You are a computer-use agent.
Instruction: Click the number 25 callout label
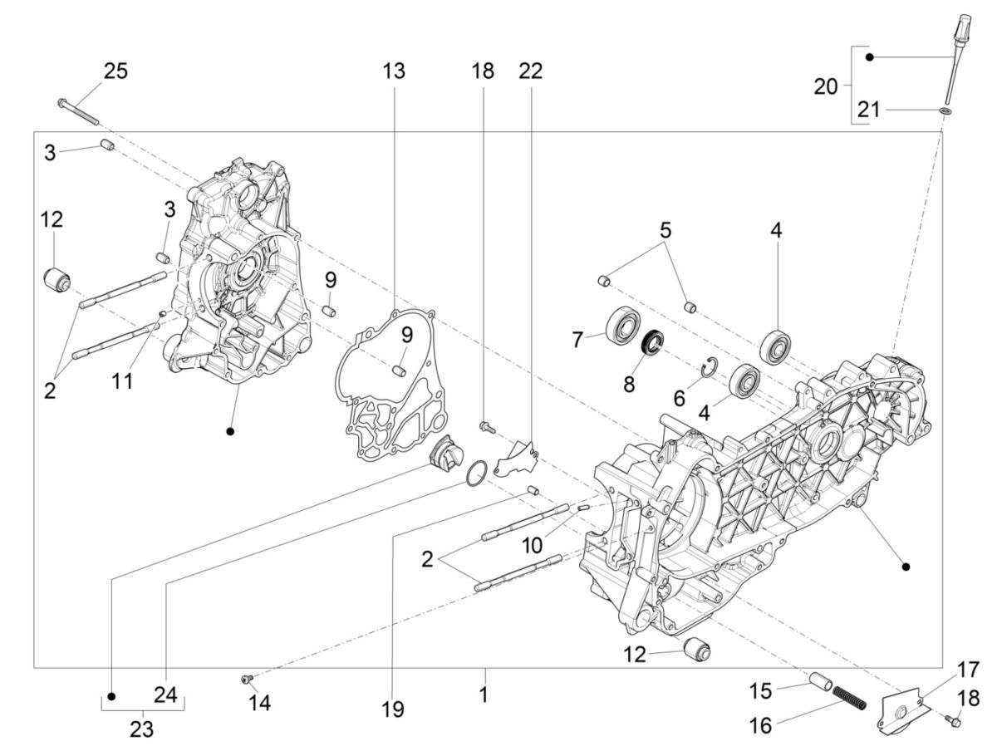click(x=115, y=71)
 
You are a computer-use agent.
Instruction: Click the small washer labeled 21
click(x=945, y=110)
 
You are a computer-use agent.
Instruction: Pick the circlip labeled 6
click(x=707, y=365)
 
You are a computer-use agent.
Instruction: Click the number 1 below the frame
click(x=483, y=693)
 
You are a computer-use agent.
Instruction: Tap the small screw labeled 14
click(x=247, y=680)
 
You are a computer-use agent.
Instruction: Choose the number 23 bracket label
click(x=142, y=729)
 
